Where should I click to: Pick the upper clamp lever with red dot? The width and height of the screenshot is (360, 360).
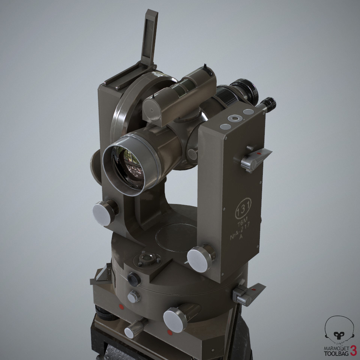256,159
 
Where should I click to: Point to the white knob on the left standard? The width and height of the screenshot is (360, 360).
102,213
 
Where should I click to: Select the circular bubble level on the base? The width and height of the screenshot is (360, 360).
147,259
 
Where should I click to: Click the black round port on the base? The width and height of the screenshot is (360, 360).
134,278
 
